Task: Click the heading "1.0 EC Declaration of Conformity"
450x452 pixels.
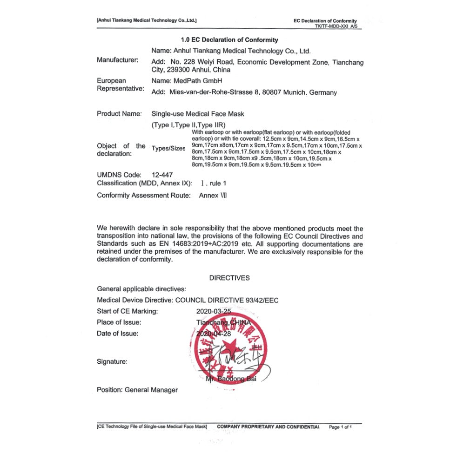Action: pos(229,40)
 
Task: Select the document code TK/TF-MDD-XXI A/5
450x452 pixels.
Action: pos(336,26)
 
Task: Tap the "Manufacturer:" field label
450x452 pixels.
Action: pos(118,60)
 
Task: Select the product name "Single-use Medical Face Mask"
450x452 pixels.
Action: pos(198,114)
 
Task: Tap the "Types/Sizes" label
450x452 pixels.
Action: pos(168,149)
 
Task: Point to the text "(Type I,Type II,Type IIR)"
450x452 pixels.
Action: pos(188,125)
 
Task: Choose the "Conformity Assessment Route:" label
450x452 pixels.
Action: pos(144,196)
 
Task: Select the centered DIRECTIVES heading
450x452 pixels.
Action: pos(229,278)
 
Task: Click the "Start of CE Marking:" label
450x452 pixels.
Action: pos(128,311)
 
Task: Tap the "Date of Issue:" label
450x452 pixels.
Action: pos(118,334)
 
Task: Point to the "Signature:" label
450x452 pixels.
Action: pos(112,361)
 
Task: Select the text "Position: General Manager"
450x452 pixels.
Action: pos(137,390)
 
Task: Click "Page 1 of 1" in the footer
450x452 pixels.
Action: pos(343,426)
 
